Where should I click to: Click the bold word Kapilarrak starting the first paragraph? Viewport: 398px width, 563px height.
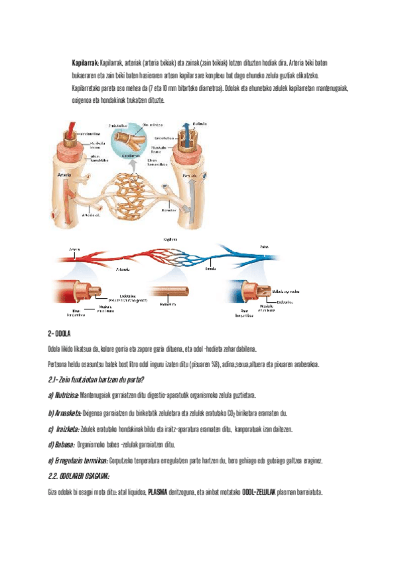[85, 62]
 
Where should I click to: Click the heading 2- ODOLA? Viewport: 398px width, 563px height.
[58, 332]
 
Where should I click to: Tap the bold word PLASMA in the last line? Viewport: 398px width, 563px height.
[157, 493]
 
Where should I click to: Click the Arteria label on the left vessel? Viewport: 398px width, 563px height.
[65, 175]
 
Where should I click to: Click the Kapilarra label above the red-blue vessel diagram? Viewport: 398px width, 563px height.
[170, 238]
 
